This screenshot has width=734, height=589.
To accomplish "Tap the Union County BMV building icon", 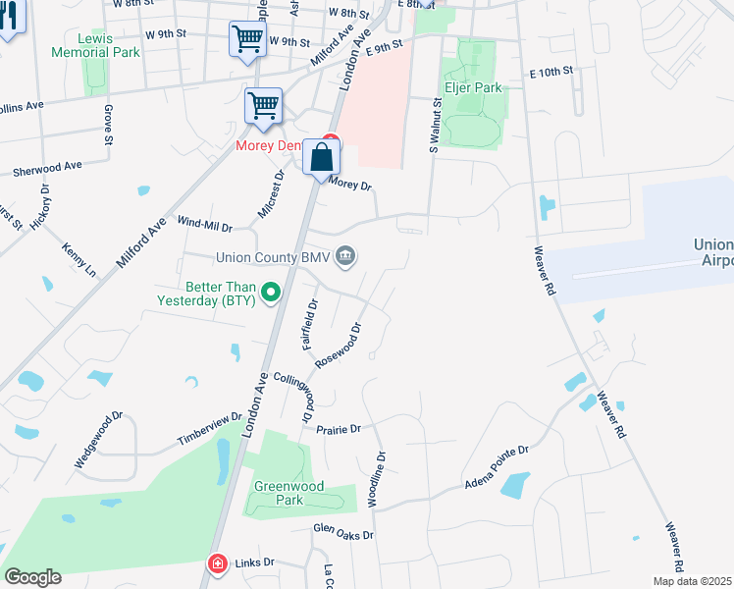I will click(x=345, y=257).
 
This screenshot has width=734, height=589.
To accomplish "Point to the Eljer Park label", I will click(x=475, y=87).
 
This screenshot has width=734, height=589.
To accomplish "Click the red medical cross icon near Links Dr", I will click(x=216, y=563).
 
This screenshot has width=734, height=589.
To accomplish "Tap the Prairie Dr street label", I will click(x=340, y=429).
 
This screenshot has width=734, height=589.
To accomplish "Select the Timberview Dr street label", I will click(x=209, y=430).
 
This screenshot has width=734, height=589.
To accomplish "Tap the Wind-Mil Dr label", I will click(x=204, y=225).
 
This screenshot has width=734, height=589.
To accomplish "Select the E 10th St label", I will click(x=550, y=73).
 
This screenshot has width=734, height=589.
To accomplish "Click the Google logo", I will click(x=32, y=577).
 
